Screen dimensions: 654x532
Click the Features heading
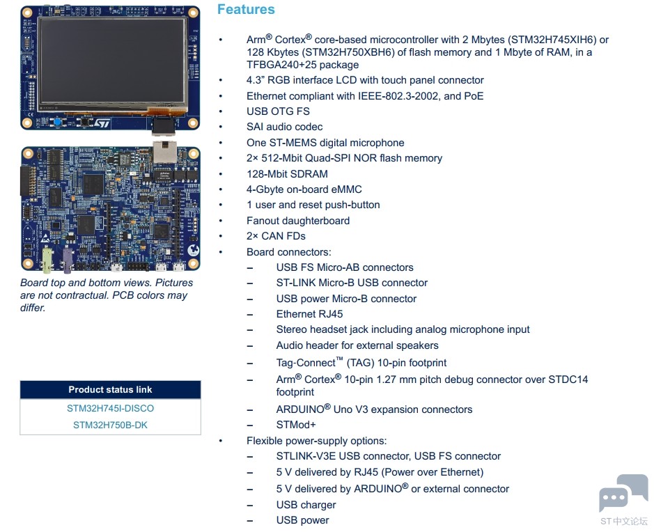pyautogui.click(x=246, y=9)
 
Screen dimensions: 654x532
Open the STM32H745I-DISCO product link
pyautogui.click(x=110, y=408)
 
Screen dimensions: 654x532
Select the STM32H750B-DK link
pyautogui.click(x=110, y=425)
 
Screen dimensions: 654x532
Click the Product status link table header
pyautogui.click(x=110, y=390)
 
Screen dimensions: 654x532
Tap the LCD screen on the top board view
pyautogui.click(x=113, y=61)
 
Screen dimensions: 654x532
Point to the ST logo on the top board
pyautogui.click(x=102, y=123)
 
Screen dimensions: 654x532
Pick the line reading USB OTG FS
pyautogui.click(x=278, y=111)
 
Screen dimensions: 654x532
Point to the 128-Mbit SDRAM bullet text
pyautogui.click(x=287, y=174)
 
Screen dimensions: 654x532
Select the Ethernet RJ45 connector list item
pyautogui.click(x=309, y=314)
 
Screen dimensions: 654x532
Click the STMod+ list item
pyautogui.click(x=296, y=425)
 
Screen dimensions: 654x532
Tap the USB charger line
pyautogui.click(x=306, y=504)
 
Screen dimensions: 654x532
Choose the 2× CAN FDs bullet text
pyautogui.click(x=276, y=236)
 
